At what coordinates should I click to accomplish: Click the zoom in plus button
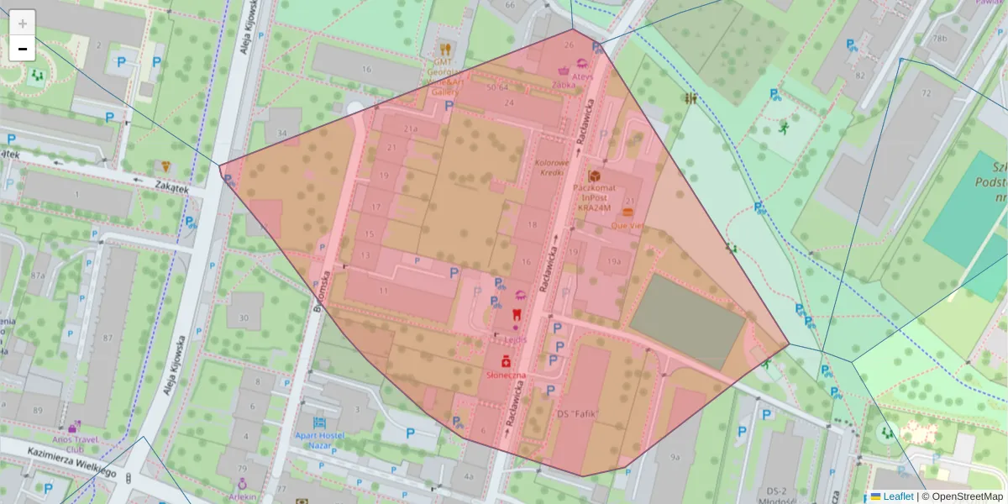pos(23,23)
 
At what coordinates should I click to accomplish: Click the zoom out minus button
pos(23,49)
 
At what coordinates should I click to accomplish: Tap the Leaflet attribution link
pos(898,496)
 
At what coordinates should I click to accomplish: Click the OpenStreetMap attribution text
pos(966,496)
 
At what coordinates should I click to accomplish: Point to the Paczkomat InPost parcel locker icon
pos(595,176)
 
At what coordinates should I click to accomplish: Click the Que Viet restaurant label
pos(627,225)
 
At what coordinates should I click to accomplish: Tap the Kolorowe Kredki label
pos(551,167)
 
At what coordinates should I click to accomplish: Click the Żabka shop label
pos(564,84)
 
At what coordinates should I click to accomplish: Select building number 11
pos(383,290)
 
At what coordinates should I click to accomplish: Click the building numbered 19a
pos(614,261)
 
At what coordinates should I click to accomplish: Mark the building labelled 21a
pos(410,129)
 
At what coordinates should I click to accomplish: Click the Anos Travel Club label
pos(74,443)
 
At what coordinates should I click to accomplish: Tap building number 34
pos(282,134)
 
